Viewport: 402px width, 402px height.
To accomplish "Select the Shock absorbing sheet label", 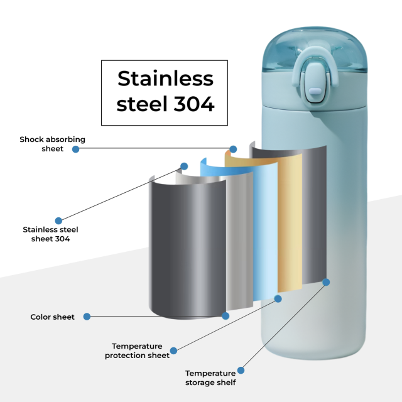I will pyautogui.click(x=52, y=144).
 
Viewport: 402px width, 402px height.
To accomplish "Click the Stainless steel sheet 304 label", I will pyautogui.click(x=50, y=234).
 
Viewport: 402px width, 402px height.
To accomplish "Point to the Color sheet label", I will pyautogui.click(x=53, y=317).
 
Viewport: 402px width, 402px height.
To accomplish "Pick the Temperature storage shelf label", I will pyautogui.click(x=210, y=378).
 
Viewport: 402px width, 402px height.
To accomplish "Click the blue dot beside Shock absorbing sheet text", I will pyautogui.click(x=75, y=149).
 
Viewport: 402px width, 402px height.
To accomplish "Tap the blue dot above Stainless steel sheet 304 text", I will pyautogui.click(x=58, y=220).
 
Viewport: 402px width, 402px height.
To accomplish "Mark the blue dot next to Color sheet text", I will pyautogui.click(x=87, y=317).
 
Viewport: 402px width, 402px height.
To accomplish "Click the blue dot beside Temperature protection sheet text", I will pyautogui.click(x=174, y=350).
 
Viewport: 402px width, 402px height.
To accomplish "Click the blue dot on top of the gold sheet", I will pyautogui.click(x=233, y=149).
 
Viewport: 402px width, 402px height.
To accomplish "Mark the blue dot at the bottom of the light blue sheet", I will pyautogui.click(x=278, y=298).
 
